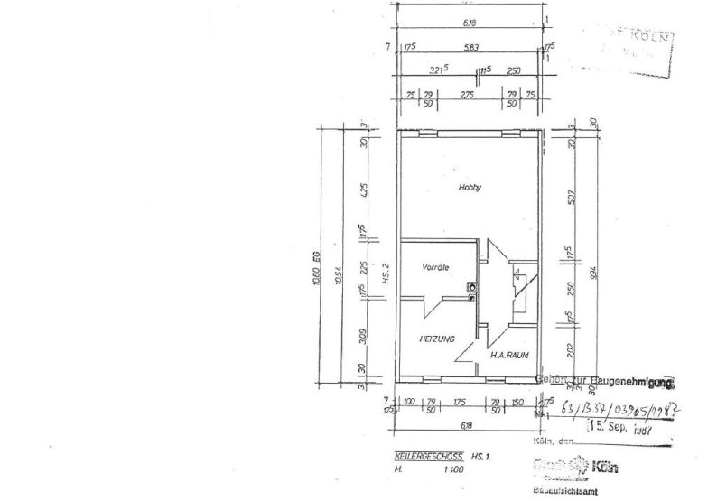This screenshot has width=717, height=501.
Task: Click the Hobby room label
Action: [x=470, y=188]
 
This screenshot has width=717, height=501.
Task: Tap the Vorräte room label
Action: [x=436, y=268]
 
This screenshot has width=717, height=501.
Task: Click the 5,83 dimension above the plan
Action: [x=470, y=49]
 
